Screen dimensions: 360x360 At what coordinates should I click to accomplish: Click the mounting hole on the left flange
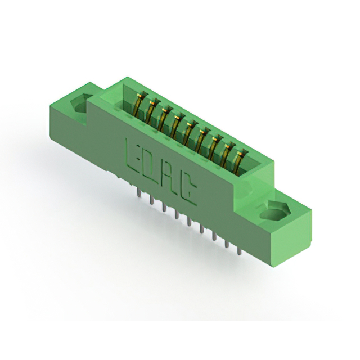click(79, 103)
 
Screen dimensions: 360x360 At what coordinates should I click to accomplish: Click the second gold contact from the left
click(151, 111)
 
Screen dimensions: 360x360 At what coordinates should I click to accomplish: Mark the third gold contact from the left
click(164, 118)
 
